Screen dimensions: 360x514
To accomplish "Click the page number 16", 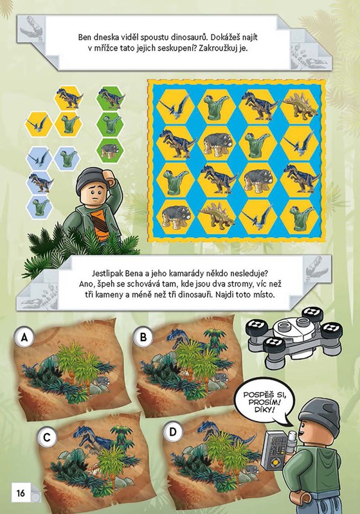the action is (21, 493).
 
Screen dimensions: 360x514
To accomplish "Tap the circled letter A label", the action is (24, 337).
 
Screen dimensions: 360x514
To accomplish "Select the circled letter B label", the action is (143, 337).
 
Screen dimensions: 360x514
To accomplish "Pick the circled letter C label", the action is (47, 438).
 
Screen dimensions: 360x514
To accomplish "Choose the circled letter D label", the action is (173, 432).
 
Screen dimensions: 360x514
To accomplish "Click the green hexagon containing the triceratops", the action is (110, 150).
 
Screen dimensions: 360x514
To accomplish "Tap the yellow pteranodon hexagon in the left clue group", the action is (39, 125).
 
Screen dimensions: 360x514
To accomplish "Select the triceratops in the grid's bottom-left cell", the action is (175, 216).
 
